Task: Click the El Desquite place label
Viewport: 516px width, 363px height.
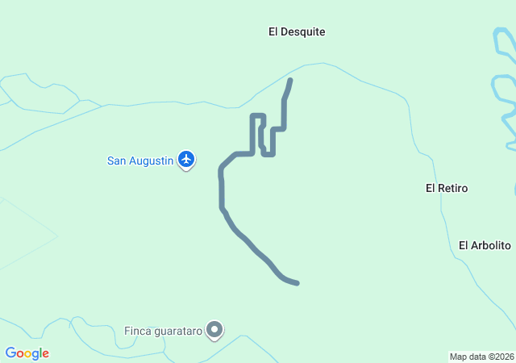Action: (297, 32)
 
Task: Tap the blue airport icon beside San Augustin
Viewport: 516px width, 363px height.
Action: (187, 160)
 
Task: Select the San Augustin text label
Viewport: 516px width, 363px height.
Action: (140, 161)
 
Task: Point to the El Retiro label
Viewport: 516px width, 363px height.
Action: (447, 188)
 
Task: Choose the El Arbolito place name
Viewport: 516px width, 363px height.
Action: (485, 245)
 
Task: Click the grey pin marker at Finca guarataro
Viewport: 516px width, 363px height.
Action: (214, 330)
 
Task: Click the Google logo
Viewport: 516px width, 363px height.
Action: (27, 353)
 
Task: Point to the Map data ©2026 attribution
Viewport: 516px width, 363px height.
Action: (481, 357)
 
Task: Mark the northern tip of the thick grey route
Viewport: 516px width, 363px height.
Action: (290, 80)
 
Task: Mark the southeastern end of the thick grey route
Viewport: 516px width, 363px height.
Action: (298, 283)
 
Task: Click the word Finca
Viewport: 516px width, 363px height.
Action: (137, 331)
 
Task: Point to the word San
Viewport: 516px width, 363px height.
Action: (118, 161)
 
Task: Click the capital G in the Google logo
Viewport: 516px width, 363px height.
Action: (10, 353)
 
